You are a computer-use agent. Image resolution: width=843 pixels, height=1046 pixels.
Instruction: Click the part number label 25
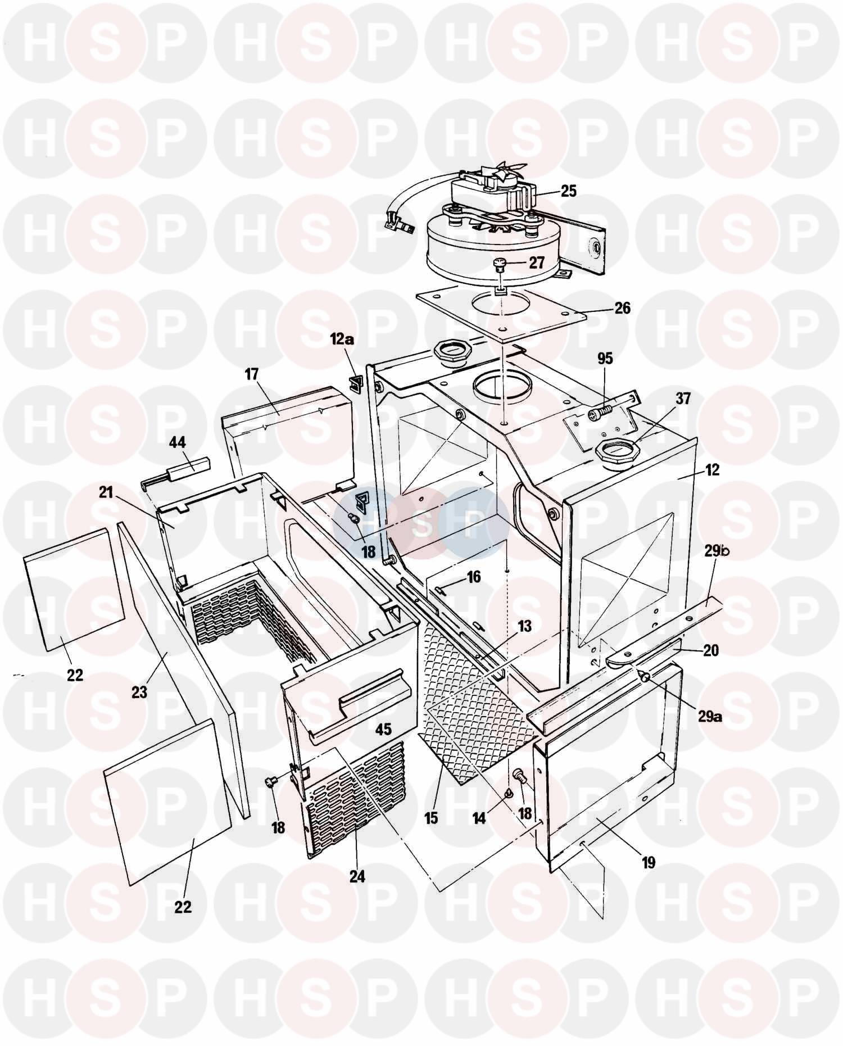click(569, 191)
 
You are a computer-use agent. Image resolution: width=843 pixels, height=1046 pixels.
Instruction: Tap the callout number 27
click(537, 262)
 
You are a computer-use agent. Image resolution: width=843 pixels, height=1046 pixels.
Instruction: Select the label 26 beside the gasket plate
click(622, 309)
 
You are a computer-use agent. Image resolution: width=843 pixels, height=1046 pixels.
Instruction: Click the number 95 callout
click(605, 358)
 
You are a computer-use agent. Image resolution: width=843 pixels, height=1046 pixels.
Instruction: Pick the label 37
click(683, 399)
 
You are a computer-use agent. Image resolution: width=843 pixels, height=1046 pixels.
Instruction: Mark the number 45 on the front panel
click(383, 729)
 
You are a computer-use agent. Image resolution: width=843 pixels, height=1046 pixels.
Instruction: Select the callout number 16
click(474, 577)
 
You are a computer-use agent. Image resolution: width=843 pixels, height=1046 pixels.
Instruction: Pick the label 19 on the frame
click(649, 862)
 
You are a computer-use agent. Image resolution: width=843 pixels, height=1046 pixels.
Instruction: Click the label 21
click(106, 493)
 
